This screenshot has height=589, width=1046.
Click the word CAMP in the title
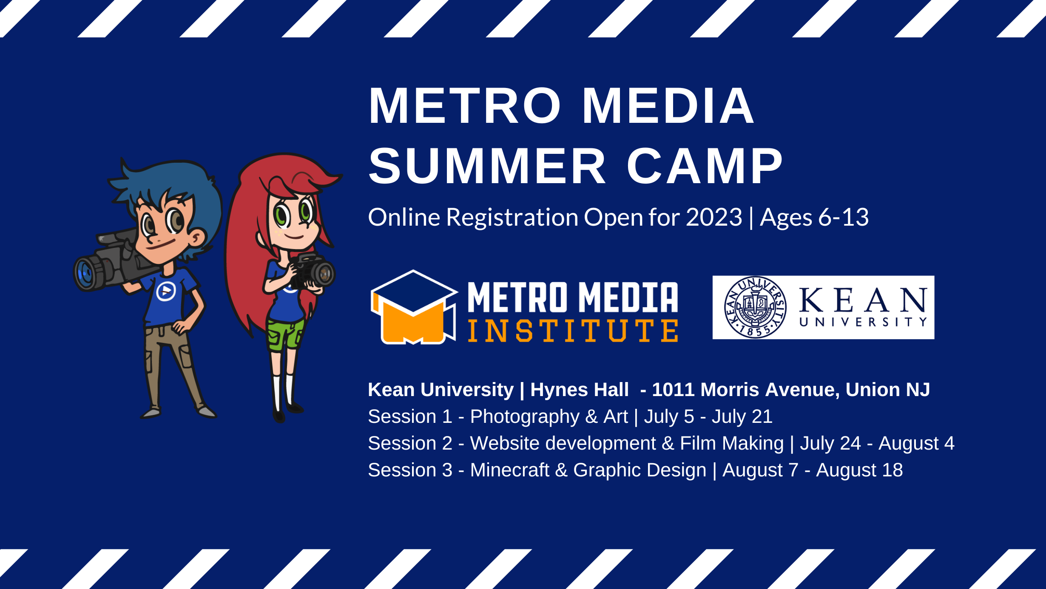[705, 166]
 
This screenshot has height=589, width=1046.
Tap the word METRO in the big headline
[465, 106]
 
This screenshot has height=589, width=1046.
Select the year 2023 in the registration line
[714, 217]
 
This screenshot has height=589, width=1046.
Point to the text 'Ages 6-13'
[814, 218]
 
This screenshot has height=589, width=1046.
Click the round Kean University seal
[755, 307]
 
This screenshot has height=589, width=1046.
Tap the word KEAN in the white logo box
[863, 300]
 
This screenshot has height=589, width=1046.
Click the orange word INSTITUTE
[573, 331]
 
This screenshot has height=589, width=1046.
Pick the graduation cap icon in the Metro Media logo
[413, 307]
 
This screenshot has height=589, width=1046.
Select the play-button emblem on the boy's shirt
[166, 292]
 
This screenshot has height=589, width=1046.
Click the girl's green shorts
[284, 334]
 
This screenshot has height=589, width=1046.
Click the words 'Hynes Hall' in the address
[580, 390]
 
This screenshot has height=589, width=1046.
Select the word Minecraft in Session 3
[509, 470]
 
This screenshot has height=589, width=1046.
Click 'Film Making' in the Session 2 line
[732, 444]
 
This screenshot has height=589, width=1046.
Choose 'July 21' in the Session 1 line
[742, 417]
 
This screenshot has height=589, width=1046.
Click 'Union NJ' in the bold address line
[888, 390]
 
